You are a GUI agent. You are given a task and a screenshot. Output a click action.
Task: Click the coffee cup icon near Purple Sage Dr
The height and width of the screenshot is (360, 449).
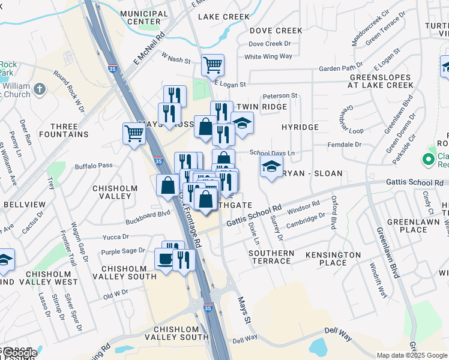[x=164, y=259]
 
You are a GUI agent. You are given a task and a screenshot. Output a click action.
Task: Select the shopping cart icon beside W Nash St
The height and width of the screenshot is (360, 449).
[x=212, y=64]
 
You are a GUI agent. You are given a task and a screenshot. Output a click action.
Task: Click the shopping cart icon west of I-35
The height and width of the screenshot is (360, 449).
[x=133, y=133]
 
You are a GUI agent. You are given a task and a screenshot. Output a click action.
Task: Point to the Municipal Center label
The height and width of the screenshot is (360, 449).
[x=144, y=17]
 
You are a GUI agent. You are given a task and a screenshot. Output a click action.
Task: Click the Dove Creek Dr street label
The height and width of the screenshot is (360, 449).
[x=270, y=44]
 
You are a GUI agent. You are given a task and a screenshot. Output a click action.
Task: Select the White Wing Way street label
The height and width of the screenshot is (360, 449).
[x=268, y=57]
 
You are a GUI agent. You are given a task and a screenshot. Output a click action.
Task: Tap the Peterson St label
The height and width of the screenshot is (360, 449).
[x=280, y=95]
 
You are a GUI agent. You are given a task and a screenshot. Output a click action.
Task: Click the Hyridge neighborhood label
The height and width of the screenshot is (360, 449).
[x=300, y=128]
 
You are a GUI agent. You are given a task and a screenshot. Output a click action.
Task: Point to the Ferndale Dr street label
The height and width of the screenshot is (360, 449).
[x=345, y=145]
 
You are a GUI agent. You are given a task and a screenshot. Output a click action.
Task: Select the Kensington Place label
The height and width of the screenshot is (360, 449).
[x=333, y=259]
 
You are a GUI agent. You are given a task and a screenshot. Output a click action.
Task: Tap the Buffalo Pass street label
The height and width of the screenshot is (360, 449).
[x=93, y=166]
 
